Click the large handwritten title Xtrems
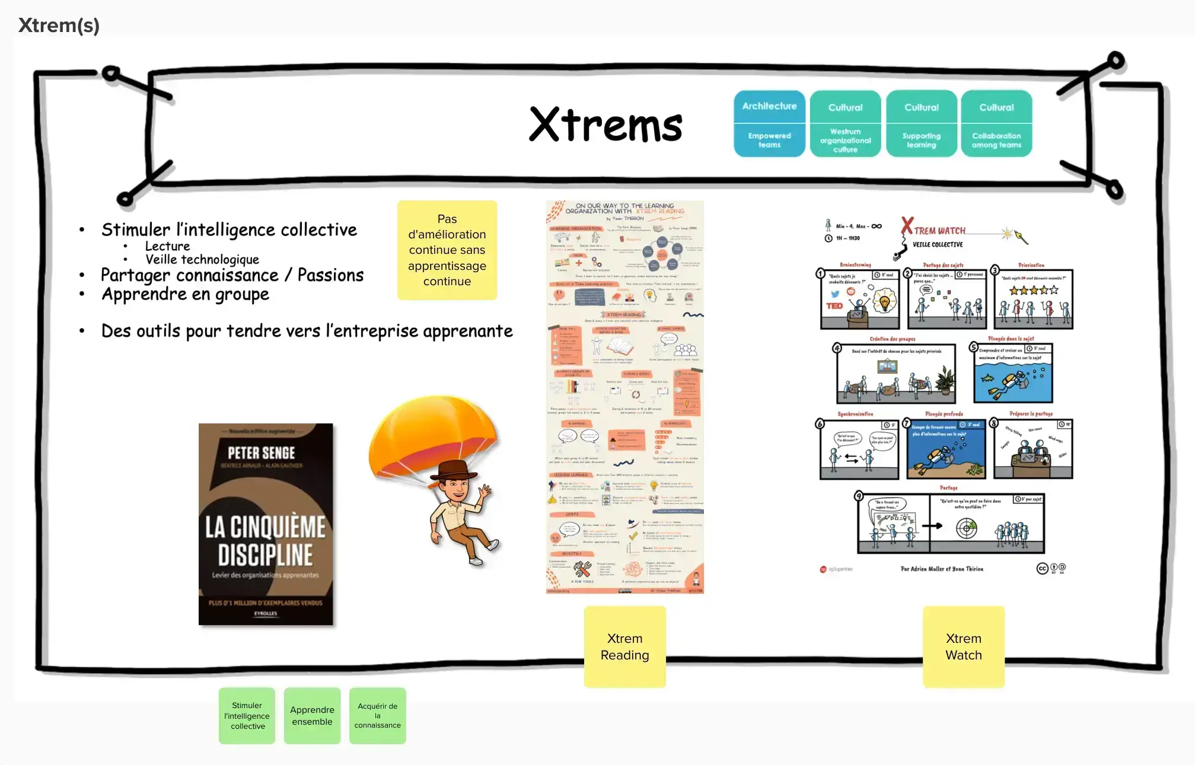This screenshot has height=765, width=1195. pyautogui.click(x=606, y=125)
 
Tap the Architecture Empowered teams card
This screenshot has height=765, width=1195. pyautogui.click(x=769, y=123)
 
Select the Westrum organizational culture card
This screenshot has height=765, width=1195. pyautogui.click(x=845, y=123)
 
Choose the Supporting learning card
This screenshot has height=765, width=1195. pyautogui.click(x=921, y=123)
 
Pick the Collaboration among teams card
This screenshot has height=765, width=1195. pyautogui.click(x=996, y=123)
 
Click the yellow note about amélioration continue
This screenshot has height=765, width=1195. pyautogui.click(x=447, y=250)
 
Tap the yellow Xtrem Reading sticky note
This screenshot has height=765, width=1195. pyautogui.click(x=624, y=646)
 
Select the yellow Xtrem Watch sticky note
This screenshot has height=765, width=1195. pyautogui.click(x=964, y=646)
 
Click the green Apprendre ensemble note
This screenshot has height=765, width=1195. pyautogui.click(x=312, y=715)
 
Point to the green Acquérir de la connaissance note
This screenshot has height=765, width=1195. pyautogui.click(x=377, y=715)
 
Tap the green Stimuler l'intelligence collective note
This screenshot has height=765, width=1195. pyautogui.click(x=247, y=715)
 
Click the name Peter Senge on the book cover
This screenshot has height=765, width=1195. pyautogui.click(x=262, y=453)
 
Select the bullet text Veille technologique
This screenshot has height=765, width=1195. pyautogui.click(x=202, y=260)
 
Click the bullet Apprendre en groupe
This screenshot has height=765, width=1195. pyautogui.click(x=185, y=294)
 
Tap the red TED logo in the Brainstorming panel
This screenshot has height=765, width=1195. pyautogui.click(x=834, y=306)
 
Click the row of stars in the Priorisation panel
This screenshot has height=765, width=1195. pyautogui.click(x=1034, y=290)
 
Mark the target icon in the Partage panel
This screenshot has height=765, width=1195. pyautogui.click(x=966, y=527)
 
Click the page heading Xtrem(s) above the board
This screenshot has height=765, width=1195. pyautogui.click(x=59, y=26)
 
